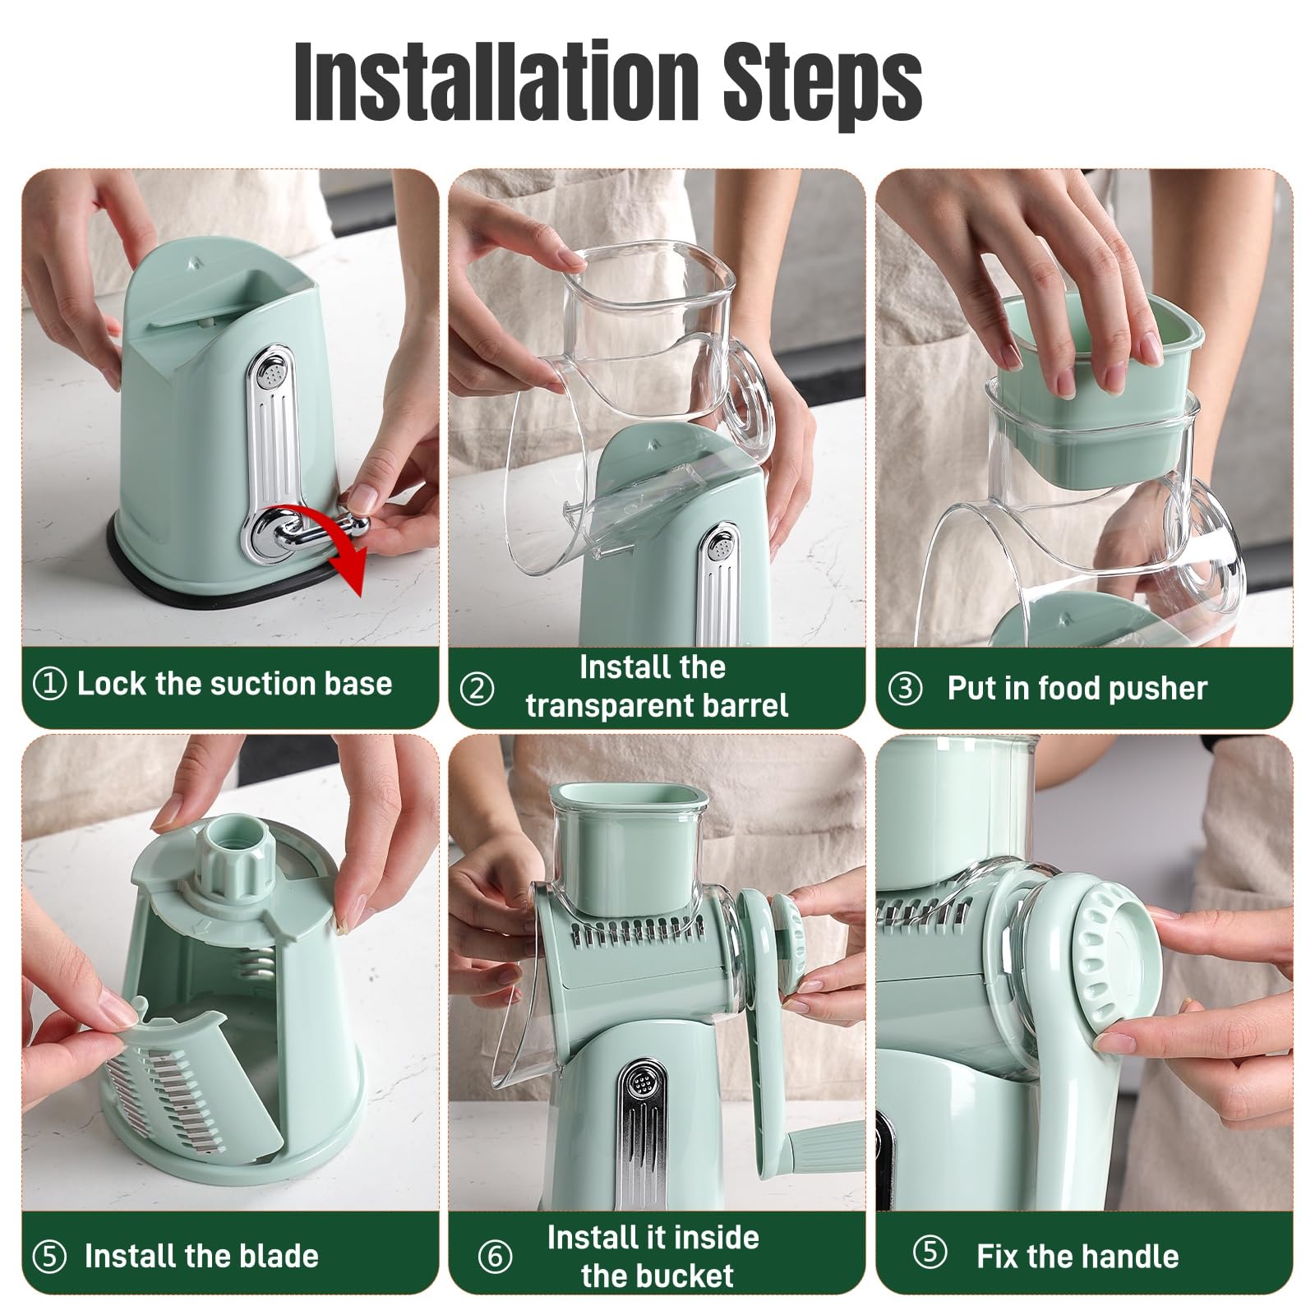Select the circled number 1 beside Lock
click(49, 684)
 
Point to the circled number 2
click(478, 688)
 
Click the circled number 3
click(906, 689)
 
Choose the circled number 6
click(495, 1257)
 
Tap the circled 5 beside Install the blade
click(49, 1257)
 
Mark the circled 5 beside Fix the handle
click(930, 1254)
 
